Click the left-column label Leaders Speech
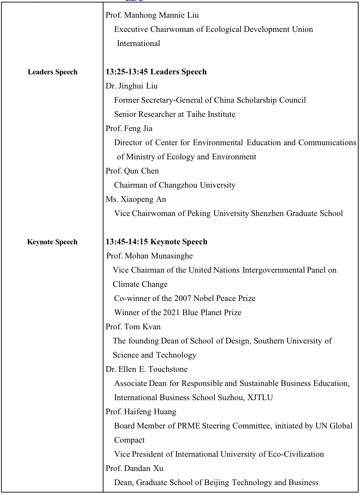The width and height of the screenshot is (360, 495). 52,72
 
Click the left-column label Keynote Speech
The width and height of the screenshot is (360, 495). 52,242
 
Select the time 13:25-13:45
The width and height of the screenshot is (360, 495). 127,72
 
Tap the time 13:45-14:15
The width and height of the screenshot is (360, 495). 127,242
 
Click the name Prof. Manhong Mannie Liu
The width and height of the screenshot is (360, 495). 152,15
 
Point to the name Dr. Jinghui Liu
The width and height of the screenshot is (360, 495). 131,86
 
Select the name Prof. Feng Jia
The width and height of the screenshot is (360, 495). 129,129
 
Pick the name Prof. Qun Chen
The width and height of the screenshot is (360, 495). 132,171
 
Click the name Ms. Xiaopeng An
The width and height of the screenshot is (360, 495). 136,199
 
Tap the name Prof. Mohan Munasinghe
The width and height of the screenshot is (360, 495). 150,256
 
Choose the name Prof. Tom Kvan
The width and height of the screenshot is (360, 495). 133,327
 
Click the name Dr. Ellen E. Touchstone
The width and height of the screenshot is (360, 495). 146,369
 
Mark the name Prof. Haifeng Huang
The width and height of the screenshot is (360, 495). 141,412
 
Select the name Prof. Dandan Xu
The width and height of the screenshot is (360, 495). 134,468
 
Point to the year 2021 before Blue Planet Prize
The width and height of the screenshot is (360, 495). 171,313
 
